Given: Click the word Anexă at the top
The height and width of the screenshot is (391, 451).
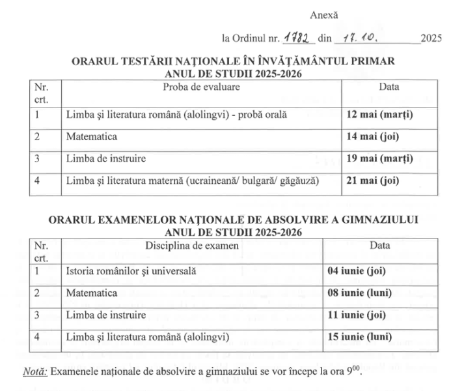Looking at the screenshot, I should click(x=324, y=14).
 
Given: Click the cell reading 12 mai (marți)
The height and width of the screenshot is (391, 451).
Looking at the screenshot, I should click(x=379, y=115).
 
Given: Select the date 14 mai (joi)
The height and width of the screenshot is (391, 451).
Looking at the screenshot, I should click(x=372, y=138).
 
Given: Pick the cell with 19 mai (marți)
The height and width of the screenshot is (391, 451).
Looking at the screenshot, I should click(x=379, y=158).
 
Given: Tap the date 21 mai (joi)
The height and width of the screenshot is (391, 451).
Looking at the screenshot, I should click(x=372, y=181).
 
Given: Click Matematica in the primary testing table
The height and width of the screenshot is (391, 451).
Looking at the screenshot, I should click(x=92, y=138).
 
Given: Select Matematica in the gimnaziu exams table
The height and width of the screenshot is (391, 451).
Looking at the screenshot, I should click(x=92, y=293).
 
